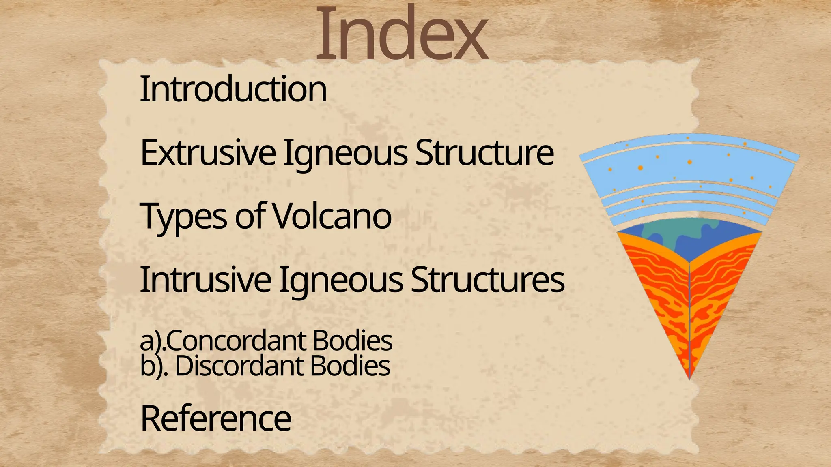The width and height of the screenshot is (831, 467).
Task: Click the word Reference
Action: coord(215,419)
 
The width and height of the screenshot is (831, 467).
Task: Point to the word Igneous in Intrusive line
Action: coord(341,281)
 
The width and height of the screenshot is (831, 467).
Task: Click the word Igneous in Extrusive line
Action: coord(345,154)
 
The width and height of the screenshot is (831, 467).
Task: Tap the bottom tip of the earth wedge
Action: coord(690,377)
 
